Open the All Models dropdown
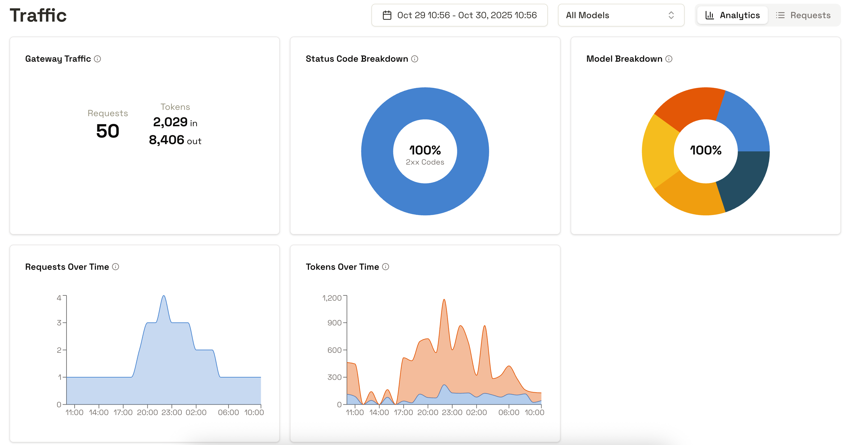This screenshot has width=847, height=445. tap(620, 15)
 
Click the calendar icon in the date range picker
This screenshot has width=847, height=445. tap(387, 15)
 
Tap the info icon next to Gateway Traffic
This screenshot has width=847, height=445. tap(97, 59)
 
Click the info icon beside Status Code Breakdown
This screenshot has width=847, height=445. tap(415, 59)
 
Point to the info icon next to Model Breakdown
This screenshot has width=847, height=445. tap(669, 59)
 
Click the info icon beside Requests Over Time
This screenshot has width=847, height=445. tap(115, 267)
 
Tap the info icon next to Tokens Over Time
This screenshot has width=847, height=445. tap(386, 267)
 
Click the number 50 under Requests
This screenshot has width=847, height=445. tap(107, 131)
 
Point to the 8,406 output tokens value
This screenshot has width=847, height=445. tap(166, 140)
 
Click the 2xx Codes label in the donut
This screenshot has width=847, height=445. tap(425, 162)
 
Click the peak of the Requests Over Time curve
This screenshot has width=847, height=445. tap(164, 296)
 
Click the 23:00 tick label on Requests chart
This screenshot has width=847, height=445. tap(172, 412)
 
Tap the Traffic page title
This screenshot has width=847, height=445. tap(38, 15)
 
